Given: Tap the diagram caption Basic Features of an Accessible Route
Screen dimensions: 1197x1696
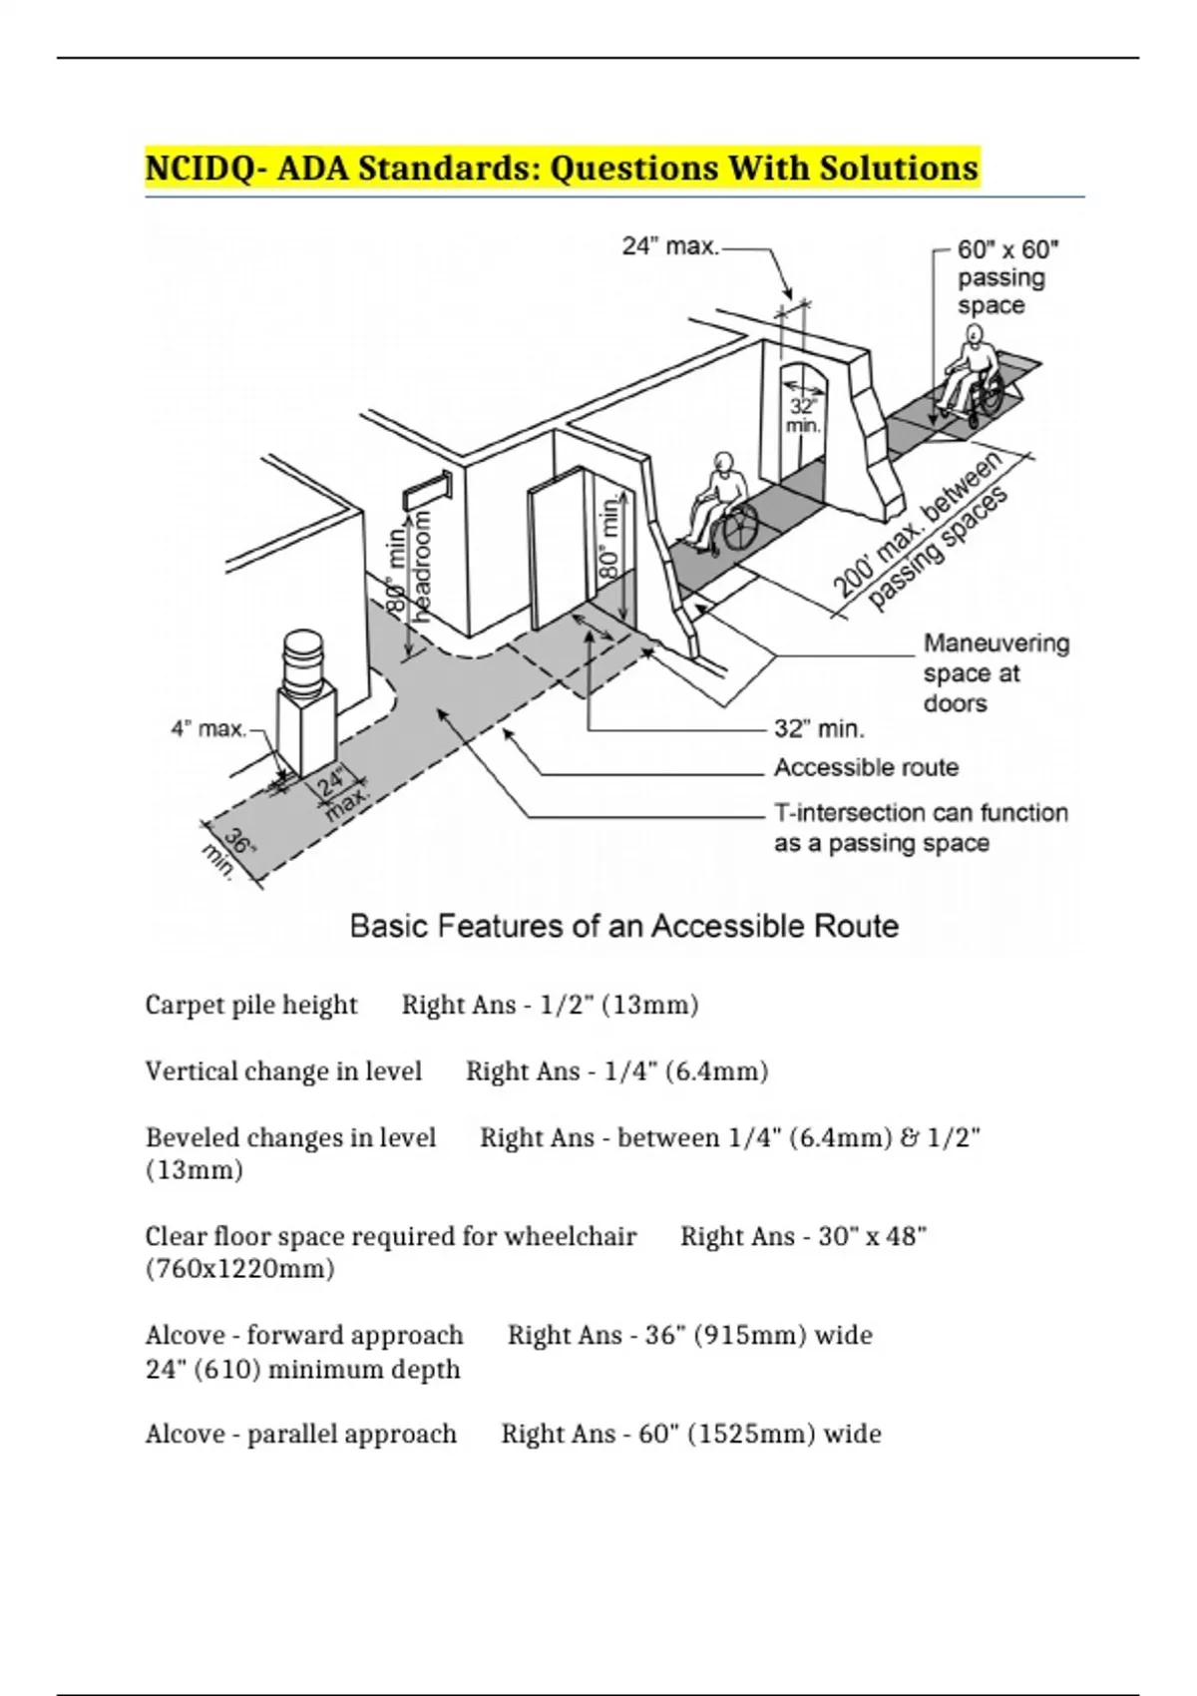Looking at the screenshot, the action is (623, 926).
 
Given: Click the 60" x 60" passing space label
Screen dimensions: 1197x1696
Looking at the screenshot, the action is (1007, 277).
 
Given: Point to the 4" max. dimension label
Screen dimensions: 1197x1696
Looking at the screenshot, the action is (208, 729).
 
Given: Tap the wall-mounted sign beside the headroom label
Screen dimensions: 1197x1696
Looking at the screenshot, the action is (427, 490).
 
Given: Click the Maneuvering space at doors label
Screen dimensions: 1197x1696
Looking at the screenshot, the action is (996, 673).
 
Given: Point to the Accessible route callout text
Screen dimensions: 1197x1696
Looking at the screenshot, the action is (866, 768).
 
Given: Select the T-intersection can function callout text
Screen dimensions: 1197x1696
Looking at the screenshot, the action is (921, 813).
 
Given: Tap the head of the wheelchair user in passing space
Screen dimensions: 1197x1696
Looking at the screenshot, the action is (974, 334).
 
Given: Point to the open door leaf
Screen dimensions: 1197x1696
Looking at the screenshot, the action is (557, 547).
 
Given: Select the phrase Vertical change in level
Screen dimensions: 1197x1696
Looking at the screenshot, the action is (283, 1071).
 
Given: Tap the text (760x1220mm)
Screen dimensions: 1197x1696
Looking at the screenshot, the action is (239, 1268).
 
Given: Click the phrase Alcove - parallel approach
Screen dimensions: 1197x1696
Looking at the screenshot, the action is (300, 1434).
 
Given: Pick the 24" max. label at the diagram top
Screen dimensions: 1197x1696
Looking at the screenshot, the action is (670, 246).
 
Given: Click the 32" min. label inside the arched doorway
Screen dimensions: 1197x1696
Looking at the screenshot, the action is (803, 416).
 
